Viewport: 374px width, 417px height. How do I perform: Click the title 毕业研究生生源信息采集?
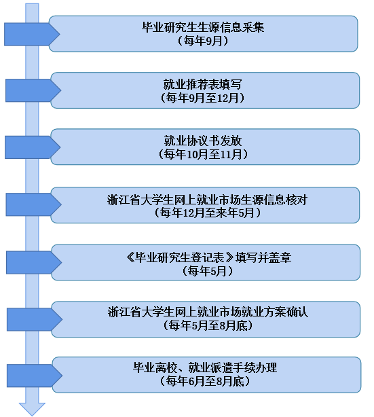[x=203, y=27]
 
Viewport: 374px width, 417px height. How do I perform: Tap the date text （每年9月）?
[x=203, y=41]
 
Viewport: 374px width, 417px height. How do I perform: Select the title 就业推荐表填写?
[x=202, y=84]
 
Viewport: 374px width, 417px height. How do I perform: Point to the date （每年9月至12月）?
[x=202, y=98]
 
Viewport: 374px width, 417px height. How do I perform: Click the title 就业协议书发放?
[x=203, y=141]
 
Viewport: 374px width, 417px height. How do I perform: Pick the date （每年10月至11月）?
[x=203, y=154]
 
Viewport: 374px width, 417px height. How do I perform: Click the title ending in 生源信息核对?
[x=207, y=200]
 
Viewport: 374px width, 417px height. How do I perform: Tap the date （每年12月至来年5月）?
[x=207, y=213]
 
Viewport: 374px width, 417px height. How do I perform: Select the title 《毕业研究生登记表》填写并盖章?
[x=209, y=257]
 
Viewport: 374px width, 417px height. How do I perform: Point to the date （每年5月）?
[x=207, y=271]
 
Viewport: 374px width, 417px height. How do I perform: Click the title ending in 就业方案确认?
[x=208, y=312]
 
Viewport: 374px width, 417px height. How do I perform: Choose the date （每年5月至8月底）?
[x=208, y=325]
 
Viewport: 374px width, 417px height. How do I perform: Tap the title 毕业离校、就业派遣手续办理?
[x=205, y=368]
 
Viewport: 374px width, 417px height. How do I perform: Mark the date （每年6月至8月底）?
[x=205, y=382]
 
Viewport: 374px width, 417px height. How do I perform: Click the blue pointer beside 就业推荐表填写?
[x=33, y=90]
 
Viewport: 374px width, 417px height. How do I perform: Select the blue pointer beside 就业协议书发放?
[x=33, y=147]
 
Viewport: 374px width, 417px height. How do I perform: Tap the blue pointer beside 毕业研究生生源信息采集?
[x=32, y=34]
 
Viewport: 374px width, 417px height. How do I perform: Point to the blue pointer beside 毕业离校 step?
[x=35, y=376]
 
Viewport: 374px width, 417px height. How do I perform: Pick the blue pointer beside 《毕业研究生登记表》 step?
[x=34, y=262]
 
